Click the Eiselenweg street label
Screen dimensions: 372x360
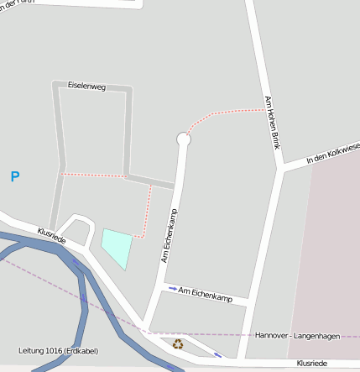tap(86, 86)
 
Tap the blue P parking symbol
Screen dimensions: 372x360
tap(14, 176)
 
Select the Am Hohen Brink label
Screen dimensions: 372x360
tap(271, 123)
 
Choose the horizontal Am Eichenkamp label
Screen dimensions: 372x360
tap(206, 293)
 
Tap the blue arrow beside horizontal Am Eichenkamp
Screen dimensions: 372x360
tap(173, 289)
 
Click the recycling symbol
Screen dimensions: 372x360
tap(177, 343)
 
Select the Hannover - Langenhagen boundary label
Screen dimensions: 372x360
tap(297, 336)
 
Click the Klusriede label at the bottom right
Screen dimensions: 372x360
tap(311, 363)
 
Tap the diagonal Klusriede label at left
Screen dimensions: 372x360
tap(51, 234)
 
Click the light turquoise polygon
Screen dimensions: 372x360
tap(117, 247)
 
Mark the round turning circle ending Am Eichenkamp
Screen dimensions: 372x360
tap(184, 139)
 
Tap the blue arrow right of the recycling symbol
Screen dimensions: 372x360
tap(218, 354)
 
